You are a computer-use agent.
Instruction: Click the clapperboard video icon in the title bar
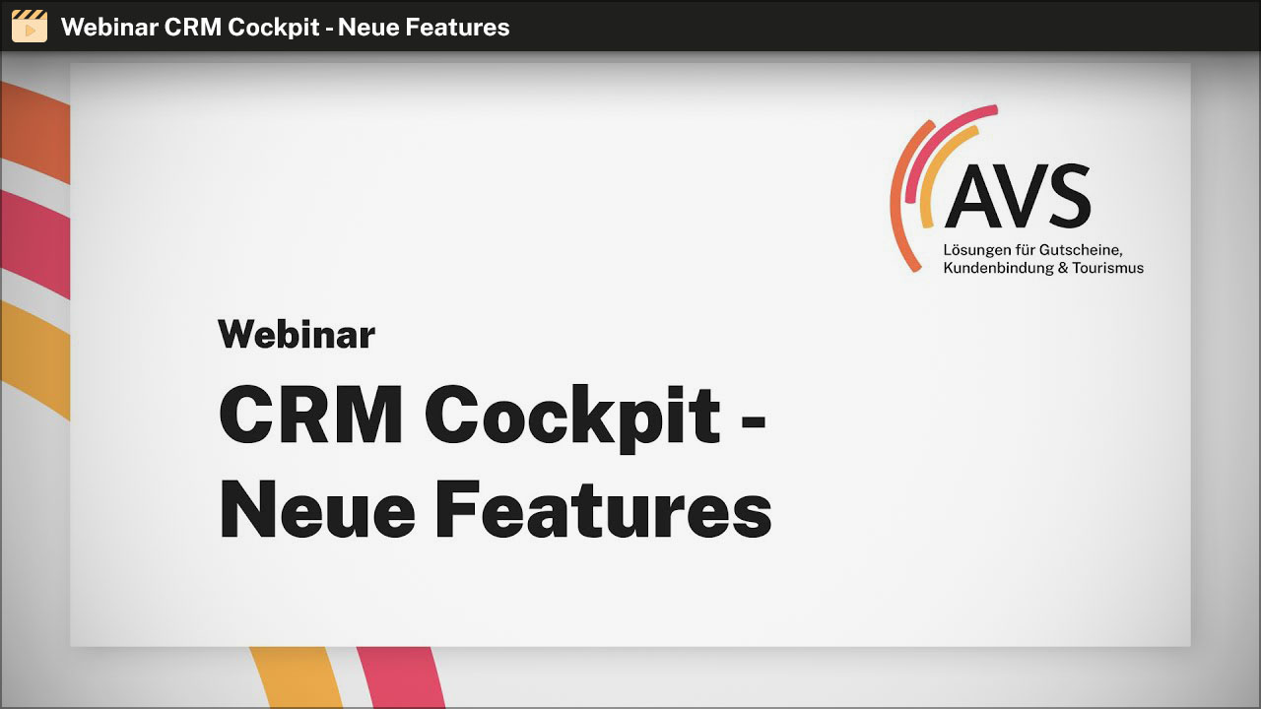click(x=30, y=26)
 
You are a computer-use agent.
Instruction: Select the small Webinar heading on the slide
click(x=297, y=334)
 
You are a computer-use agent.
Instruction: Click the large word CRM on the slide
click(x=310, y=415)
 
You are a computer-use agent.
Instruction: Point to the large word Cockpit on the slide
click(x=572, y=419)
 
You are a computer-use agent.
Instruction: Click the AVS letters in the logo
click(x=1018, y=196)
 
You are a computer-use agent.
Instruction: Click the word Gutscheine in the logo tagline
click(x=1081, y=250)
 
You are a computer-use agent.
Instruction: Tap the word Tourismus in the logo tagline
click(x=1108, y=268)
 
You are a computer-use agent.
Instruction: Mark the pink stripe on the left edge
click(x=34, y=243)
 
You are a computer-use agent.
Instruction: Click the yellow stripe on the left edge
click(x=34, y=359)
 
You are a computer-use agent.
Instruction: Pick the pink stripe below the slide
click(x=401, y=677)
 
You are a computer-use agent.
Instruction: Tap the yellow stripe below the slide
click(x=297, y=677)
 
